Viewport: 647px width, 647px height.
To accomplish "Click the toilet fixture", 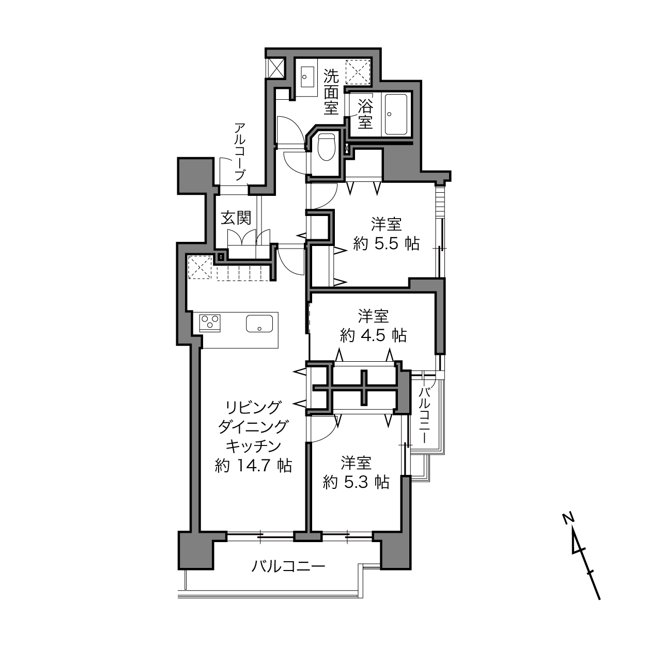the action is [x=327, y=147].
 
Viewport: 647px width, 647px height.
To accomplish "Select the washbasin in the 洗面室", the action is [x=307, y=76].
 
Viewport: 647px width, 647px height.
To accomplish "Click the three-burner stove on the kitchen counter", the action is [x=210, y=323].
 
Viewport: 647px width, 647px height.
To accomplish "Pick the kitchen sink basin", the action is [x=259, y=323].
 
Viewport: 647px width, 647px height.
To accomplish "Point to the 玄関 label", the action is [x=236, y=218].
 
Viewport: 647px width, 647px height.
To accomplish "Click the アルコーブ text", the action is [x=240, y=152].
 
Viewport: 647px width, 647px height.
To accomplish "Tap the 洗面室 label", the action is [x=331, y=92].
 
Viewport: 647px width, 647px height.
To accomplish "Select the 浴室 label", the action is [x=365, y=114].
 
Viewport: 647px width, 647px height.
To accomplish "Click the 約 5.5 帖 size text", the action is [x=387, y=244].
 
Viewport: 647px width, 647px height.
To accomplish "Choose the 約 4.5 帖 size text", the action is [x=373, y=335].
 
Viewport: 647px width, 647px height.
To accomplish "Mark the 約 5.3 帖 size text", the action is [x=356, y=483].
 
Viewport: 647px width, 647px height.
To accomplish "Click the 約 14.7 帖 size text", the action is [x=253, y=466].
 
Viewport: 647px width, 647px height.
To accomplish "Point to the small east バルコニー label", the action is [x=425, y=414].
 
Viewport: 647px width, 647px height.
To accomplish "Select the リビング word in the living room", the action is [x=253, y=408].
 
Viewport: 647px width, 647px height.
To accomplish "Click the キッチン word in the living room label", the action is [x=253, y=446].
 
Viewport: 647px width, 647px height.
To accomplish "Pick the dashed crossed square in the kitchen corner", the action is [x=200, y=267].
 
